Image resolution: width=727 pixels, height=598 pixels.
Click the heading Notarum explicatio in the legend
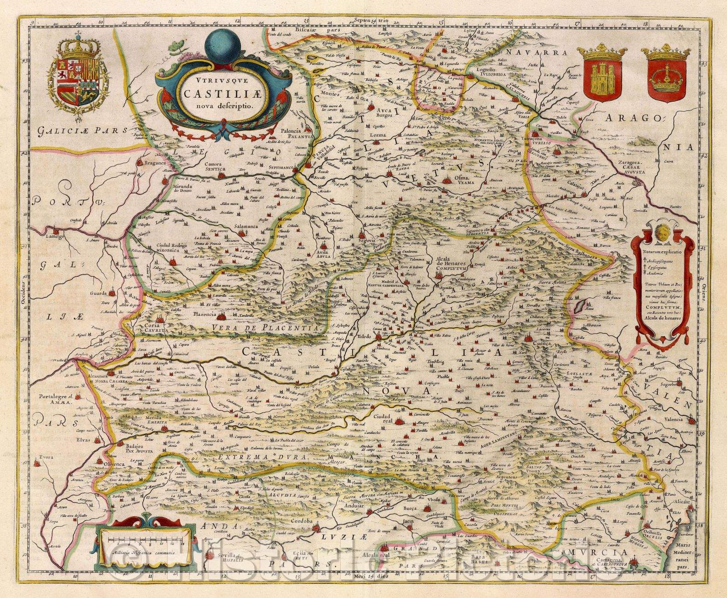[662, 249]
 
